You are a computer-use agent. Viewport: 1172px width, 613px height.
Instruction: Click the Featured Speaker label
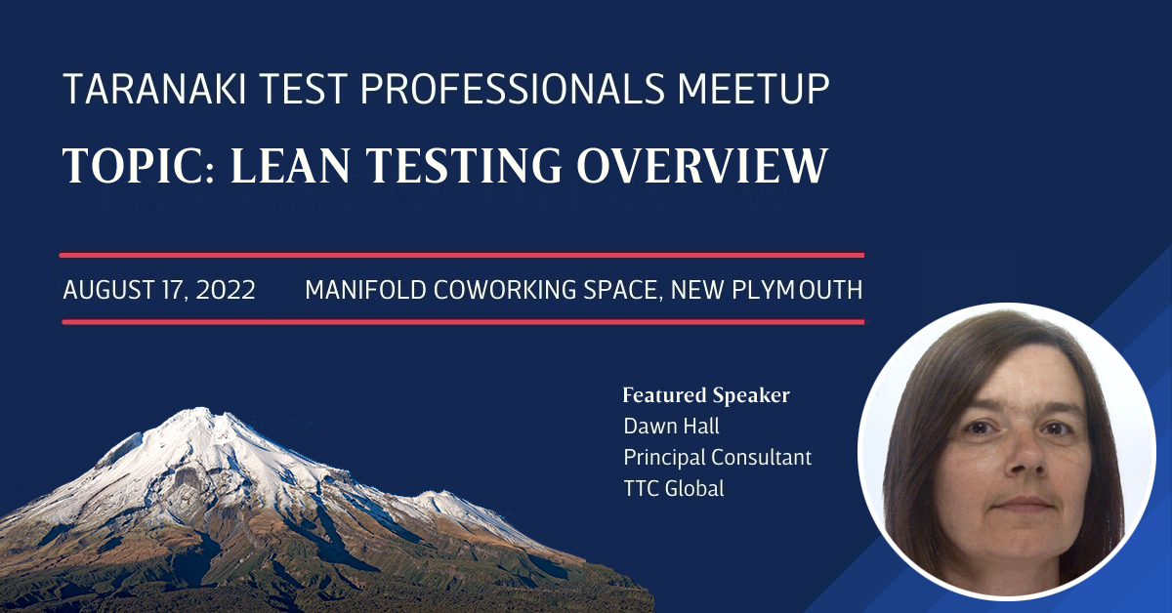pos(706,395)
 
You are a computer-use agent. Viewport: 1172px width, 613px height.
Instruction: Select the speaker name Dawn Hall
pos(671,427)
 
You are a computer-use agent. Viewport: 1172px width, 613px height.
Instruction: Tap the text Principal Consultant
pos(718,457)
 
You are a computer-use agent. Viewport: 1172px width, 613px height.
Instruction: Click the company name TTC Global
pos(674,488)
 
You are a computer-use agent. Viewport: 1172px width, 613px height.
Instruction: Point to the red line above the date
pos(462,255)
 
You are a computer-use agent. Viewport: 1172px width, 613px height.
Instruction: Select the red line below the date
pos(462,321)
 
